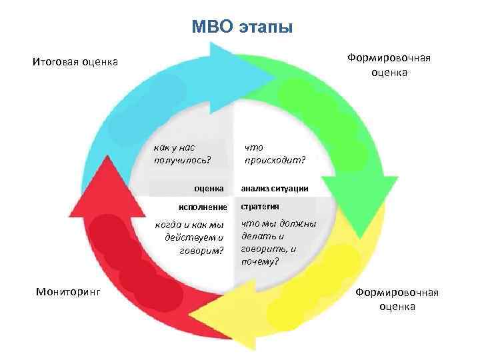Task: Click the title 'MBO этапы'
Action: [x=241, y=27]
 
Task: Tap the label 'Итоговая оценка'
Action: [x=75, y=63]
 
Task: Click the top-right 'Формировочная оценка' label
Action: [x=389, y=65]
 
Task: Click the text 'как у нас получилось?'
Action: [x=181, y=153]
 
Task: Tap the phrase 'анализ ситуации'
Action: [x=274, y=189]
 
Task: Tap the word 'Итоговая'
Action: [x=53, y=63]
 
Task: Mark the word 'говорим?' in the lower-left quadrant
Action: [x=202, y=250]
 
